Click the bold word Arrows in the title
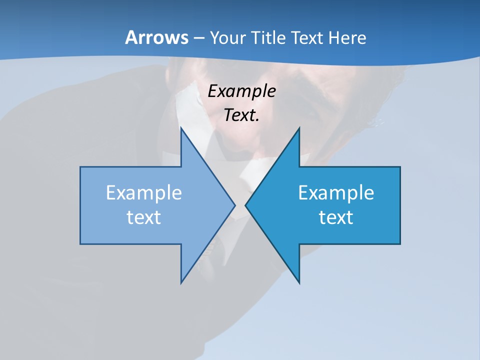(156, 37)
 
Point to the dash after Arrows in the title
(198, 38)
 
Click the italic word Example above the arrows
(242, 91)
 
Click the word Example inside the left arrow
(144, 193)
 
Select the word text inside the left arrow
(144, 217)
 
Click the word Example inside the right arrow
(336, 193)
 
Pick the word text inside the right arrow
(336, 217)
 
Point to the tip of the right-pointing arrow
(235, 205)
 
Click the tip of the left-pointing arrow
(245, 205)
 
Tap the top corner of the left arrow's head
(181, 128)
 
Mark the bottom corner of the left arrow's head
(181, 283)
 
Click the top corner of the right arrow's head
(299, 128)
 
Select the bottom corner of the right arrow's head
(299, 283)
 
